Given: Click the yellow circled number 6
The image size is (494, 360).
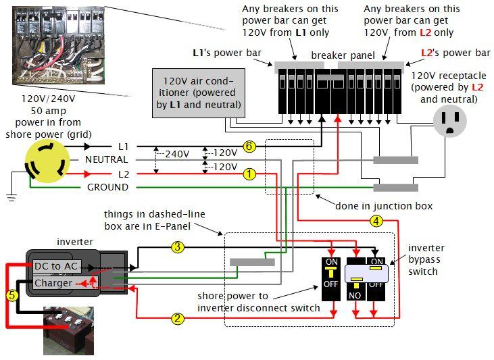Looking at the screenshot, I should point(249,147).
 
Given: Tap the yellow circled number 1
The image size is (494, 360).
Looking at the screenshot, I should point(249,174).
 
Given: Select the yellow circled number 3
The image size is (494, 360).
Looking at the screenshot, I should point(178,247).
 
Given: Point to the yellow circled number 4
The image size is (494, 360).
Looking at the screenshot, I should point(376,220).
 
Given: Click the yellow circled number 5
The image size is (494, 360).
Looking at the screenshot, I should point(11,294).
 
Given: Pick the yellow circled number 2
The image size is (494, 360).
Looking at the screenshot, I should point(178,318).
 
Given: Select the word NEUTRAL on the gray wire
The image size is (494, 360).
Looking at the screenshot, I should point(106,159).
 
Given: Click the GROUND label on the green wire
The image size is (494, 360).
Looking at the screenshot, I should point(107,187).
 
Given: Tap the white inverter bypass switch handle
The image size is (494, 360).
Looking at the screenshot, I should point(366,272).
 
